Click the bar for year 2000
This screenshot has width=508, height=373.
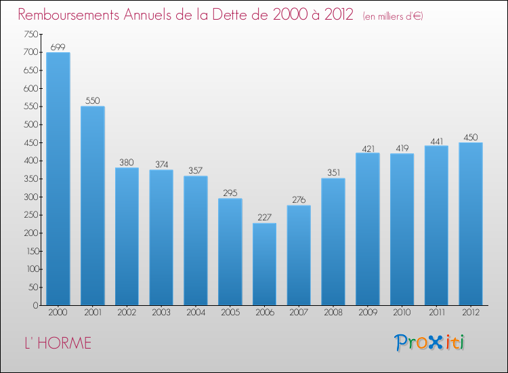coord(58,179)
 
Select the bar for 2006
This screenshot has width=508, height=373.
coord(264,264)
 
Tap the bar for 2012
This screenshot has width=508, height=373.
coord(470,224)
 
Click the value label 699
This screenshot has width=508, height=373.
coord(58,47)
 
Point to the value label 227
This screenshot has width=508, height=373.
coord(264,218)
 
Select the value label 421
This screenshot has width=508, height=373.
coord(367,147)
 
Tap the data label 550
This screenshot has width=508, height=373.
coord(92,100)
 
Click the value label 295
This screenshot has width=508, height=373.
coord(230,193)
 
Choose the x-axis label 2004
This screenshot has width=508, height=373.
coord(195,313)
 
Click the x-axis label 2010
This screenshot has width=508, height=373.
coord(402,313)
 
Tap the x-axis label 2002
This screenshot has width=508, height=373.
coord(127,313)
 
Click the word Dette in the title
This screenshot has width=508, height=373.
coord(228,14)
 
